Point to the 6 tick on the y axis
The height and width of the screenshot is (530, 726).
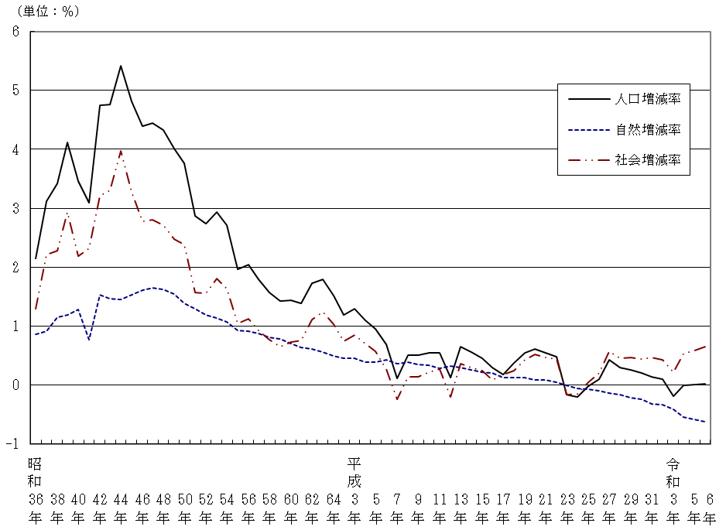tap(15, 32)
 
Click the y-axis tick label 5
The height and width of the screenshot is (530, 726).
tap(15, 91)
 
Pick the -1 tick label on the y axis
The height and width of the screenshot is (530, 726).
tap(13, 444)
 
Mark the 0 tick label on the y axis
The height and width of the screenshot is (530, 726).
tap(15, 385)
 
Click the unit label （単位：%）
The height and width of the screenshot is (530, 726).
tap(44, 12)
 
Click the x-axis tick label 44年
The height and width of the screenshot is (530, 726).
tap(121, 506)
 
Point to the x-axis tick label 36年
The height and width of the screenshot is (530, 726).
tap(35, 506)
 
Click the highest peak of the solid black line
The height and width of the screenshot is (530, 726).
tap(121, 66)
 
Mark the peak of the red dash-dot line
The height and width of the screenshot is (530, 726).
tap(121, 152)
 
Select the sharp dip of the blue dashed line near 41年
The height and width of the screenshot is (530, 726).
tap(89, 340)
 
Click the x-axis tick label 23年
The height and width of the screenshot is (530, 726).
tap(567, 506)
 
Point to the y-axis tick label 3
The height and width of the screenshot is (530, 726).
tap(15, 208)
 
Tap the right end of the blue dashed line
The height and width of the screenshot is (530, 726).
tap(705, 422)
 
